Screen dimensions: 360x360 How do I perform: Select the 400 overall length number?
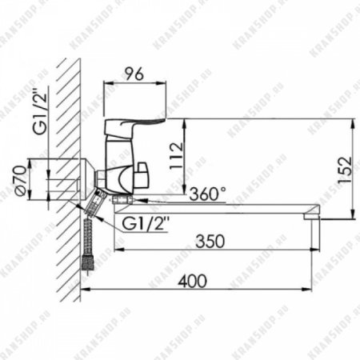point(192,282)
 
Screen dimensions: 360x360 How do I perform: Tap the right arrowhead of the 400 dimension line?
point(318,290)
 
